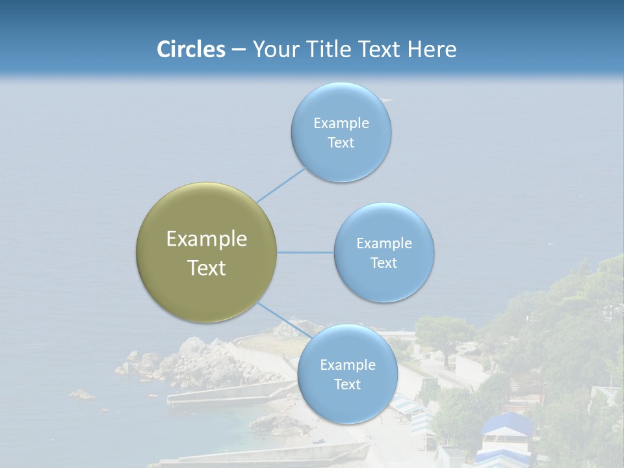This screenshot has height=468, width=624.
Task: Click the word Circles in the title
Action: click(x=191, y=49)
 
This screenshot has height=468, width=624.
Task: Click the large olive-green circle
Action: click(x=206, y=252)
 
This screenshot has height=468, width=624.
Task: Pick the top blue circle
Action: click(x=341, y=132)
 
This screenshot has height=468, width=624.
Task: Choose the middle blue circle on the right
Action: click(x=383, y=252)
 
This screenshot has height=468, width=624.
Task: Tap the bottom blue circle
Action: click(x=347, y=374)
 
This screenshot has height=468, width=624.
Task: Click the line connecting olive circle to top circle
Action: click(x=281, y=185)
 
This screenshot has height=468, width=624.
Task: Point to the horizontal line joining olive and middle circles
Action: click(x=305, y=252)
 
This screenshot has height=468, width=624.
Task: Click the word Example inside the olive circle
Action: click(x=206, y=239)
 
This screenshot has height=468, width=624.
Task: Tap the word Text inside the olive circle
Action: click(x=206, y=268)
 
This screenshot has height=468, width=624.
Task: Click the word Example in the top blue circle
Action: click(x=341, y=123)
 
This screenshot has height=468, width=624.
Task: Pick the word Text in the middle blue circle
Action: click(x=383, y=263)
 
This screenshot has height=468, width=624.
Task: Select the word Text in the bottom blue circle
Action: click(x=347, y=384)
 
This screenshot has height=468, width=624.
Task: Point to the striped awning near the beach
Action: click(x=406, y=408)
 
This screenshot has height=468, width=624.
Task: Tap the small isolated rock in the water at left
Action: click(x=83, y=394)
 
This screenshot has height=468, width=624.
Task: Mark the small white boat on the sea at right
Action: click(x=550, y=243)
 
